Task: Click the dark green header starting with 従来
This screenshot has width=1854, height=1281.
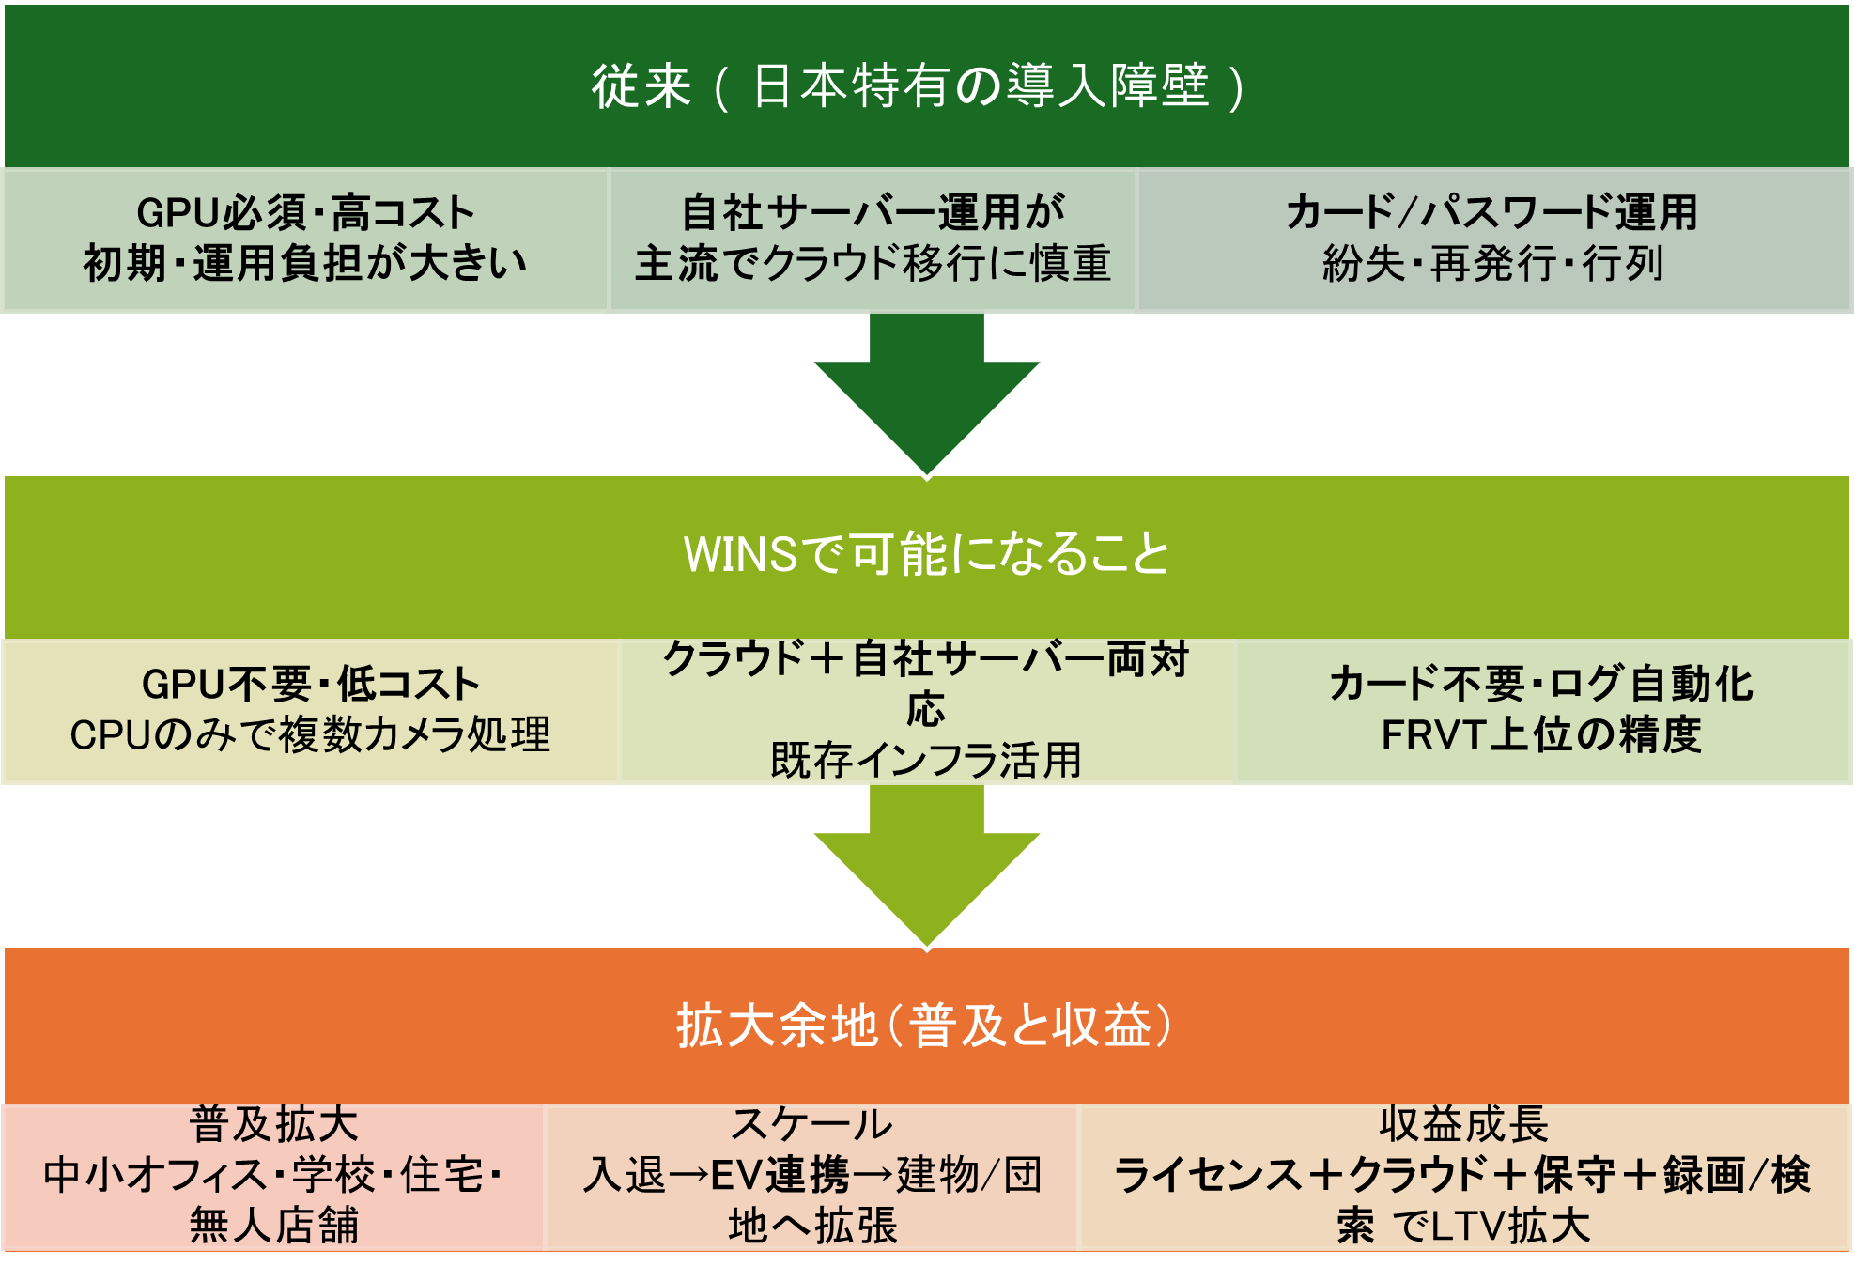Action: pos(926,86)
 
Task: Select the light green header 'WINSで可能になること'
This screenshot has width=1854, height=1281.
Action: pos(926,556)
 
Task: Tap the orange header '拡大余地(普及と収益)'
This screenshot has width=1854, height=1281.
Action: pos(926,1026)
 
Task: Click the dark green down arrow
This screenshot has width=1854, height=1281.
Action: pos(926,394)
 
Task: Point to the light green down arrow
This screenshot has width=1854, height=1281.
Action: pos(926,866)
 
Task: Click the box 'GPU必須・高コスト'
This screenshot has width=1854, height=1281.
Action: pos(306,239)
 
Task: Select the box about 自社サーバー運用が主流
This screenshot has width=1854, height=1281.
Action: pos(873,239)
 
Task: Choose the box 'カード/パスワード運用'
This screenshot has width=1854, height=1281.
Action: pos(1493,239)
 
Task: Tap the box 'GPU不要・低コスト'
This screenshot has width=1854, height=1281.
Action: pos(310,711)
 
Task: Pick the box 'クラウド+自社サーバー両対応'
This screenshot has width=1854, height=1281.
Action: pos(926,711)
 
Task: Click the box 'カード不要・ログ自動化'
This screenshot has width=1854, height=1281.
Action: pos(1542,711)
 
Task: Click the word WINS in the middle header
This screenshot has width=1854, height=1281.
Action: pos(740,555)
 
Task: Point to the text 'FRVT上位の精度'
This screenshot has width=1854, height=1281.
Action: pos(1541,735)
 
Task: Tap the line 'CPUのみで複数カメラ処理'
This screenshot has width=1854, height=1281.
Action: pos(310,735)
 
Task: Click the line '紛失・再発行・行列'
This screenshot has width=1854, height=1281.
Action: pos(1493,264)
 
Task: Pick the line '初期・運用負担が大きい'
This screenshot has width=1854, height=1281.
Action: pos(306,264)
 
